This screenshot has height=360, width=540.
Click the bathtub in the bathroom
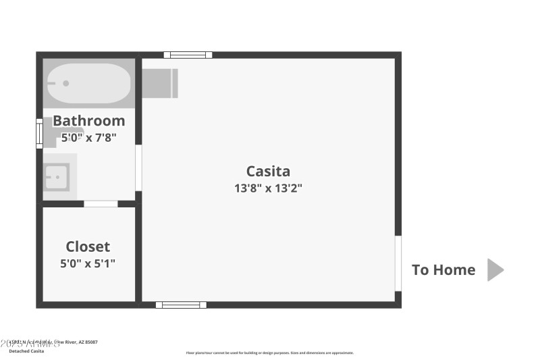pyautogui.click(x=88, y=83)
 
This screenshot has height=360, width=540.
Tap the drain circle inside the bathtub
pyautogui.click(x=66, y=84)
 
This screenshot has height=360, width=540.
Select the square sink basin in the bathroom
pyautogui.click(x=57, y=177)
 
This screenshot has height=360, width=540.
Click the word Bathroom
pyautogui.click(x=88, y=121)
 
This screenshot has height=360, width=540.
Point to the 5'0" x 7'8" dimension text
pyautogui.click(x=88, y=137)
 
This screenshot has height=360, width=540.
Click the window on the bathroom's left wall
pyautogui.click(x=39, y=133)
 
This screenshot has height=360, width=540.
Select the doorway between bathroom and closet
pyautogui.click(x=101, y=203)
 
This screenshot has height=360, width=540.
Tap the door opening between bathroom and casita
pyautogui.click(x=138, y=168)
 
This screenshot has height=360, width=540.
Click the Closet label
pyautogui.click(x=88, y=247)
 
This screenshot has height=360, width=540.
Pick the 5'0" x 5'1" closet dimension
pyautogui.click(x=88, y=263)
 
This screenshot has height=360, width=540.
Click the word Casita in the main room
pyautogui.click(x=268, y=172)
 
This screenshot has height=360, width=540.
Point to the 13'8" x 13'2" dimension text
pyautogui.click(x=268, y=188)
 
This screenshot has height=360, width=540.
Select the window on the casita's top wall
pyautogui.click(x=188, y=55)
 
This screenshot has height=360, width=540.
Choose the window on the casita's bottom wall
pyautogui.click(x=181, y=305)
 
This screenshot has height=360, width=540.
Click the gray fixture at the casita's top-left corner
pyautogui.click(x=160, y=83)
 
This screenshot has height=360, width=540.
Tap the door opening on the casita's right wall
pyautogui.click(x=398, y=263)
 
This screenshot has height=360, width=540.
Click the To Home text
pyautogui.click(x=443, y=270)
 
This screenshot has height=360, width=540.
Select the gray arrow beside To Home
pyautogui.click(x=495, y=269)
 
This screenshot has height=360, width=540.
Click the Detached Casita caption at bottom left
pyautogui.click(x=26, y=351)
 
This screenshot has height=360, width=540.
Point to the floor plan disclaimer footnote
pyautogui.click(x=269, y=353)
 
